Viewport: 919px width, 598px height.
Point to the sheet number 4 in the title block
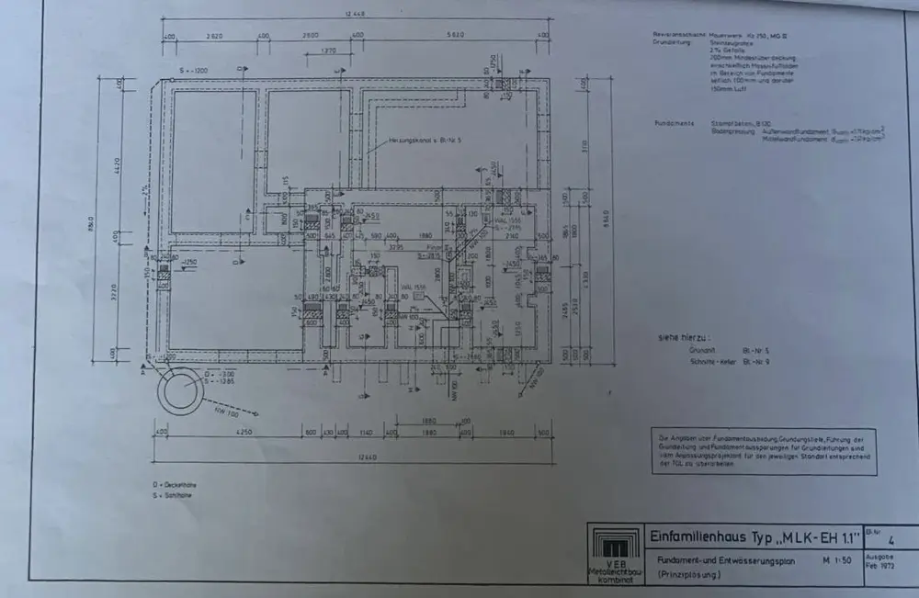[x=881, y=542]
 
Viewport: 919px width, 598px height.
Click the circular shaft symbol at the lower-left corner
[x=180, y=392]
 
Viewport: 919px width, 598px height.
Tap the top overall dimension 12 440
[x=356, y=14]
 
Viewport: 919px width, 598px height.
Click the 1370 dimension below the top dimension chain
[x=328, y=51]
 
